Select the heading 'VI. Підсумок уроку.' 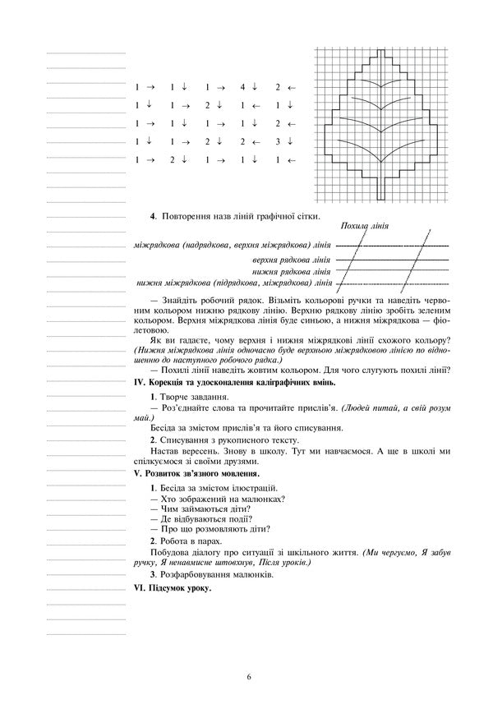(172, 589)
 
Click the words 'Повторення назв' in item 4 (192, 217)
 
